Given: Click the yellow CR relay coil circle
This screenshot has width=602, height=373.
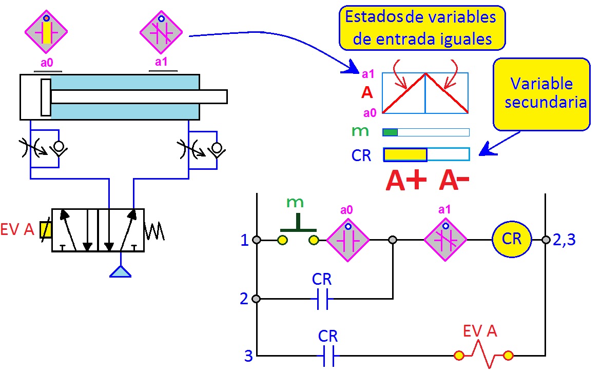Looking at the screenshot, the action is click(511, 240).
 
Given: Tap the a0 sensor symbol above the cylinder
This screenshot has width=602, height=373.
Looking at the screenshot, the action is click(46, 31).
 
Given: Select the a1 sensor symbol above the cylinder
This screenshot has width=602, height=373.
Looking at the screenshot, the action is click(161, 32).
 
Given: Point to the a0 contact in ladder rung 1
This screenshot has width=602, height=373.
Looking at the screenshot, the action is click(348, 240).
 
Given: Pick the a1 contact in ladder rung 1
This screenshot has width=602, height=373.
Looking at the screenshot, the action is click(445, 240).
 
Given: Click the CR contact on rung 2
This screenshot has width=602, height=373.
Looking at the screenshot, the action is click(322, 299).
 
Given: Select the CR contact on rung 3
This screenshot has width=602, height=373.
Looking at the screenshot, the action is click(328, 356).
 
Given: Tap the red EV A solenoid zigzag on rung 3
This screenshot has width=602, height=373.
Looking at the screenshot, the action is click(483, 355).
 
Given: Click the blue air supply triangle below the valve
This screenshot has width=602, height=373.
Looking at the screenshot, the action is click(121, 271).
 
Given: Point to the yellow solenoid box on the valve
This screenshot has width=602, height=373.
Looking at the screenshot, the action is click(46, 230).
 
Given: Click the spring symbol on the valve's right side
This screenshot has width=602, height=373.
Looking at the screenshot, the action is click(154, 231).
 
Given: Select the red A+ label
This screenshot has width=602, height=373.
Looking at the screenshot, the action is click(406, 181).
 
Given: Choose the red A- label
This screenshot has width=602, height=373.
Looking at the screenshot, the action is click(454, 181).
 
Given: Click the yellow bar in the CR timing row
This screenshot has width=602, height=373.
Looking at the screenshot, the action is click(405, 154).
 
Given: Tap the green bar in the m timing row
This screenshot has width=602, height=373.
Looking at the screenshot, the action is click(391, 132).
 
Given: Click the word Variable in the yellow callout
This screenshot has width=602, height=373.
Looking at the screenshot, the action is click(541, 84).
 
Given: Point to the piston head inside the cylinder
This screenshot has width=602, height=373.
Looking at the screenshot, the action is click(46, 97).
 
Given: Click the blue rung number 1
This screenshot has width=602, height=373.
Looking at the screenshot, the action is click(245, 240).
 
